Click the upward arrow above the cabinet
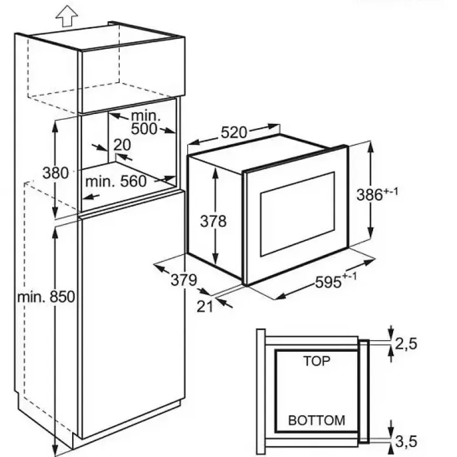(x=67, y=16)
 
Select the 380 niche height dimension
(x=55, y=173)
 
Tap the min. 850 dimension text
(x=46, y=297)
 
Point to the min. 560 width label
(x=116, y=182)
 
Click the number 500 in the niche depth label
(x=144, y=129)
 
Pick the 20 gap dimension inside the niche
(x=122, y=145)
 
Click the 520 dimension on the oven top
(x=233, y=133)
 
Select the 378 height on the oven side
(x=213, y=221)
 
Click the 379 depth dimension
(x=184, y=280)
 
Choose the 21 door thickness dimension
(x=205, y=307)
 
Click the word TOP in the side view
(x=317, y=361)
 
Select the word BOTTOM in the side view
(x=317, y=421)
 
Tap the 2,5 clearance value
(x=406, y=344)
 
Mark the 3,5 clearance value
(x=406, y=441)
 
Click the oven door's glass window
(x=297, y=214)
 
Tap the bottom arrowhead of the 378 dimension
(x=215, y=258)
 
